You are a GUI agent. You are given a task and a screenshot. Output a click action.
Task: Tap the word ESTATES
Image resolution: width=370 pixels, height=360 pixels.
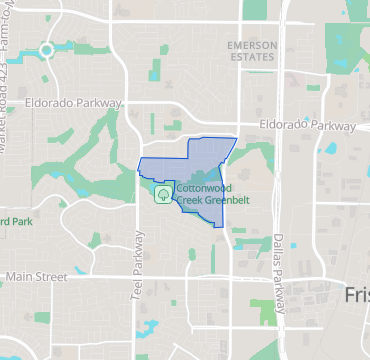coord(251,58)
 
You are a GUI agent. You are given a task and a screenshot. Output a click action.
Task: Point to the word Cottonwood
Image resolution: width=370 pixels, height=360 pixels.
coord(206,188)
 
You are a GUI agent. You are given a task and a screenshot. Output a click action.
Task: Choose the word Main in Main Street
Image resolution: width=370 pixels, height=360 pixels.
coord(22,276)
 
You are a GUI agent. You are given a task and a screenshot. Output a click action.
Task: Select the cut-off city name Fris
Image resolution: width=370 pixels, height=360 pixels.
coord(356,296)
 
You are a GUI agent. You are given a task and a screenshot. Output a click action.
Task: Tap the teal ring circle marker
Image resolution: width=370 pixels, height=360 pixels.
coord(46,50)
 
